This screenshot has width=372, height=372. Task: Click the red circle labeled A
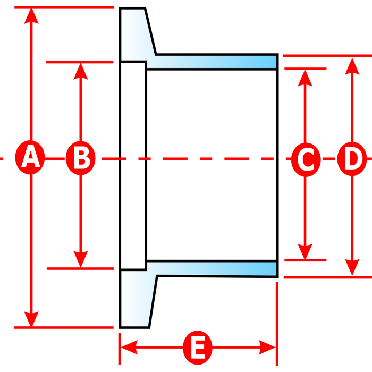coord(30,157)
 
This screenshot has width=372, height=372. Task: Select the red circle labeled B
coord(81,158)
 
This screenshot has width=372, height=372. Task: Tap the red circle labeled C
coord(306,159)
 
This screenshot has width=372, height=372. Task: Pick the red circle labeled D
coord(352,159)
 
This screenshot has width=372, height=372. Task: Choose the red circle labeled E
coord(197,348)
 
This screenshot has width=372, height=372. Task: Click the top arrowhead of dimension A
coord(31,15)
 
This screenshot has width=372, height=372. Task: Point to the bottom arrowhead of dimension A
coord(31,319)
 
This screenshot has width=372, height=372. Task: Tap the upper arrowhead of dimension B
coord(81,71)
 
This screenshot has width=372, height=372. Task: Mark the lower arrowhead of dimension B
coord(81,259)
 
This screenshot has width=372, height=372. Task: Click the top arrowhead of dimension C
coord(305,78)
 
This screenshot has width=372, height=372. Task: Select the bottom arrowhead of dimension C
coord(305,252)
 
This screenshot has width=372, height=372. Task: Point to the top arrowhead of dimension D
coord(352,66)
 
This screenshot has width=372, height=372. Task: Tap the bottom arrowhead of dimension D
coord(352,267)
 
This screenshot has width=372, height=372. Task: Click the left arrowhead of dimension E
coord(129,348)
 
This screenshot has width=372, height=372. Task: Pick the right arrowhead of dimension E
coord(267,348)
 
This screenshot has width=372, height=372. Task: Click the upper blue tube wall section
coord(211,62)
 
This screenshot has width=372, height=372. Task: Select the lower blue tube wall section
coord(212,269)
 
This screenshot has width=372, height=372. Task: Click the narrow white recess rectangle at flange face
coord(133,166)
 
